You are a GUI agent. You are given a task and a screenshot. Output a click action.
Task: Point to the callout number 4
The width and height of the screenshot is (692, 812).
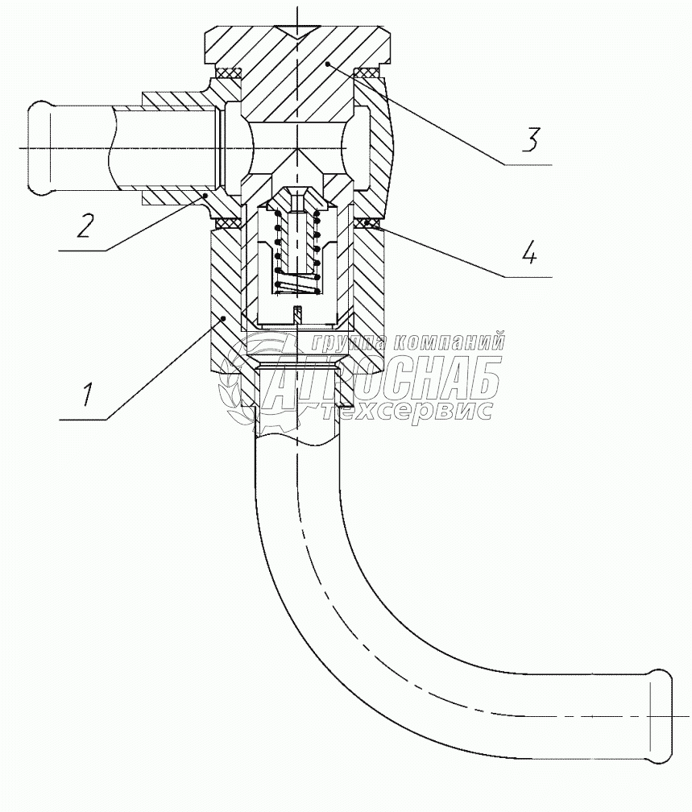pyautogui.click(x=528, y=255)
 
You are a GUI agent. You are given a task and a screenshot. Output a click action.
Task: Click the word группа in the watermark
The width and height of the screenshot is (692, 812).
pyautogui.click(x=343, y=342)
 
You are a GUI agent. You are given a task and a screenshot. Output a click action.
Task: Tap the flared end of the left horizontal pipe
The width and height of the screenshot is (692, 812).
pyautogui.click(x=39, y=148)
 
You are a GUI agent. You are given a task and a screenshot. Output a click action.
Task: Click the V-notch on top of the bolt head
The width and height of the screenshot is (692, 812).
pyautogui.click(x=297, y=33)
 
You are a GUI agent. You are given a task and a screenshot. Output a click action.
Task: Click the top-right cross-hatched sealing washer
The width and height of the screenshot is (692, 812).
pyautogui.click(x=367, y=74)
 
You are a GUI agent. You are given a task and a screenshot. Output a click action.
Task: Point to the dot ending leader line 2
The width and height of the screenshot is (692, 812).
pyautogui.click(x=206, y=194)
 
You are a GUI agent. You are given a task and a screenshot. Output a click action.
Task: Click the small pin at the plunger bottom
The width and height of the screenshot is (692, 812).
pyautogui.click(x=297, y=313)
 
